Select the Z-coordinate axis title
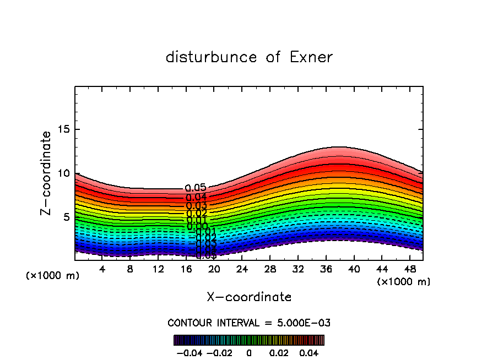(47, 173)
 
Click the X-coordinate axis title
(249, 297)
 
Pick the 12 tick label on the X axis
(158, 269)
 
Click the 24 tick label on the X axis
(242, 269)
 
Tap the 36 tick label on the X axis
(326, 269)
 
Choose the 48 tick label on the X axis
(409, 269)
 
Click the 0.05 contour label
(196, 188)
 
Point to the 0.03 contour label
(196, 205)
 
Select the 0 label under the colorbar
(249, 352)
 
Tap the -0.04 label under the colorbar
(189, 352)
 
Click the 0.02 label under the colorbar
(279, 352)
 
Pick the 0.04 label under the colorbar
(309, 352)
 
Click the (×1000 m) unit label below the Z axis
(53, 275)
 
